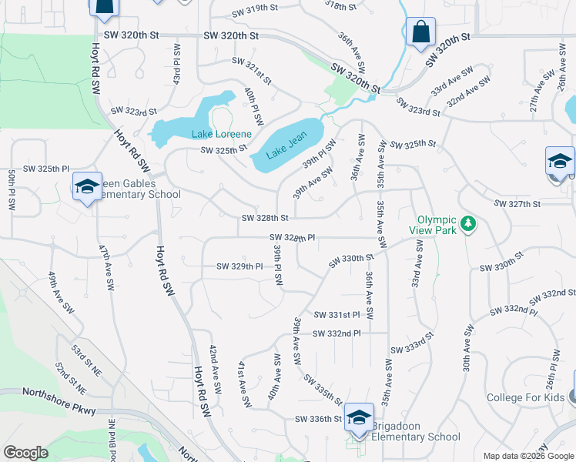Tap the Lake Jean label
(286, 145)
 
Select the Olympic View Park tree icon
(467, 226)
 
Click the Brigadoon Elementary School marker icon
(359, 417)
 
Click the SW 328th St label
(265, 219)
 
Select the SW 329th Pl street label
(239, 266)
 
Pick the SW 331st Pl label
(337, 315)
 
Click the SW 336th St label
(318, 419)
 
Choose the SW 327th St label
(517, 204)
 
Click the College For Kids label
(525, 398)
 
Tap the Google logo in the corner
(25, 453)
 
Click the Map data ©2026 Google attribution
(527, 456)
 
